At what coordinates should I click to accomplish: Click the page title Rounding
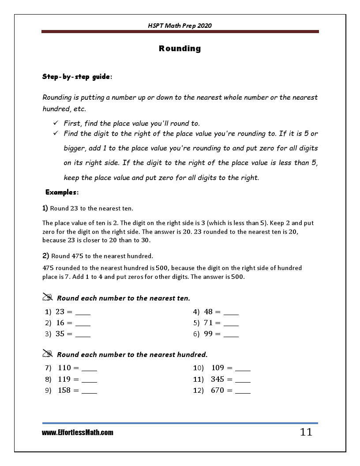point(180,49)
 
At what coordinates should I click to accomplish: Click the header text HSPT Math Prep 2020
point(180,26)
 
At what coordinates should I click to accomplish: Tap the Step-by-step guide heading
point(77,77)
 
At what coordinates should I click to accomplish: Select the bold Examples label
point(62,192)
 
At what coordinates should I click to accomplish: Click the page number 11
point(306,432)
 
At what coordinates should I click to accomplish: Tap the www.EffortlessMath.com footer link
point(78,433)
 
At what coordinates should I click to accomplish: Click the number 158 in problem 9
point(64,390)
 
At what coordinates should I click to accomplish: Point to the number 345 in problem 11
point(217,379)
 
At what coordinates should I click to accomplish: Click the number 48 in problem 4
point(208,312)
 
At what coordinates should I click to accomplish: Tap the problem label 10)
point(198,368)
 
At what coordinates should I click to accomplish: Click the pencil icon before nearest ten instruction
point(48,297)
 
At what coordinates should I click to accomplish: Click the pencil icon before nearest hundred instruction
point(48,353)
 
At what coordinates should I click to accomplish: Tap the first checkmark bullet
point(55,123)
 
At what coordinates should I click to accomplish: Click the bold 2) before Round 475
point(45,256)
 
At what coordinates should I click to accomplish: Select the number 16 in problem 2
point(60,323)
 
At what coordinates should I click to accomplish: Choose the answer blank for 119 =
point(90,381)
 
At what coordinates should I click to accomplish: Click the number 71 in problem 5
point(208,323)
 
